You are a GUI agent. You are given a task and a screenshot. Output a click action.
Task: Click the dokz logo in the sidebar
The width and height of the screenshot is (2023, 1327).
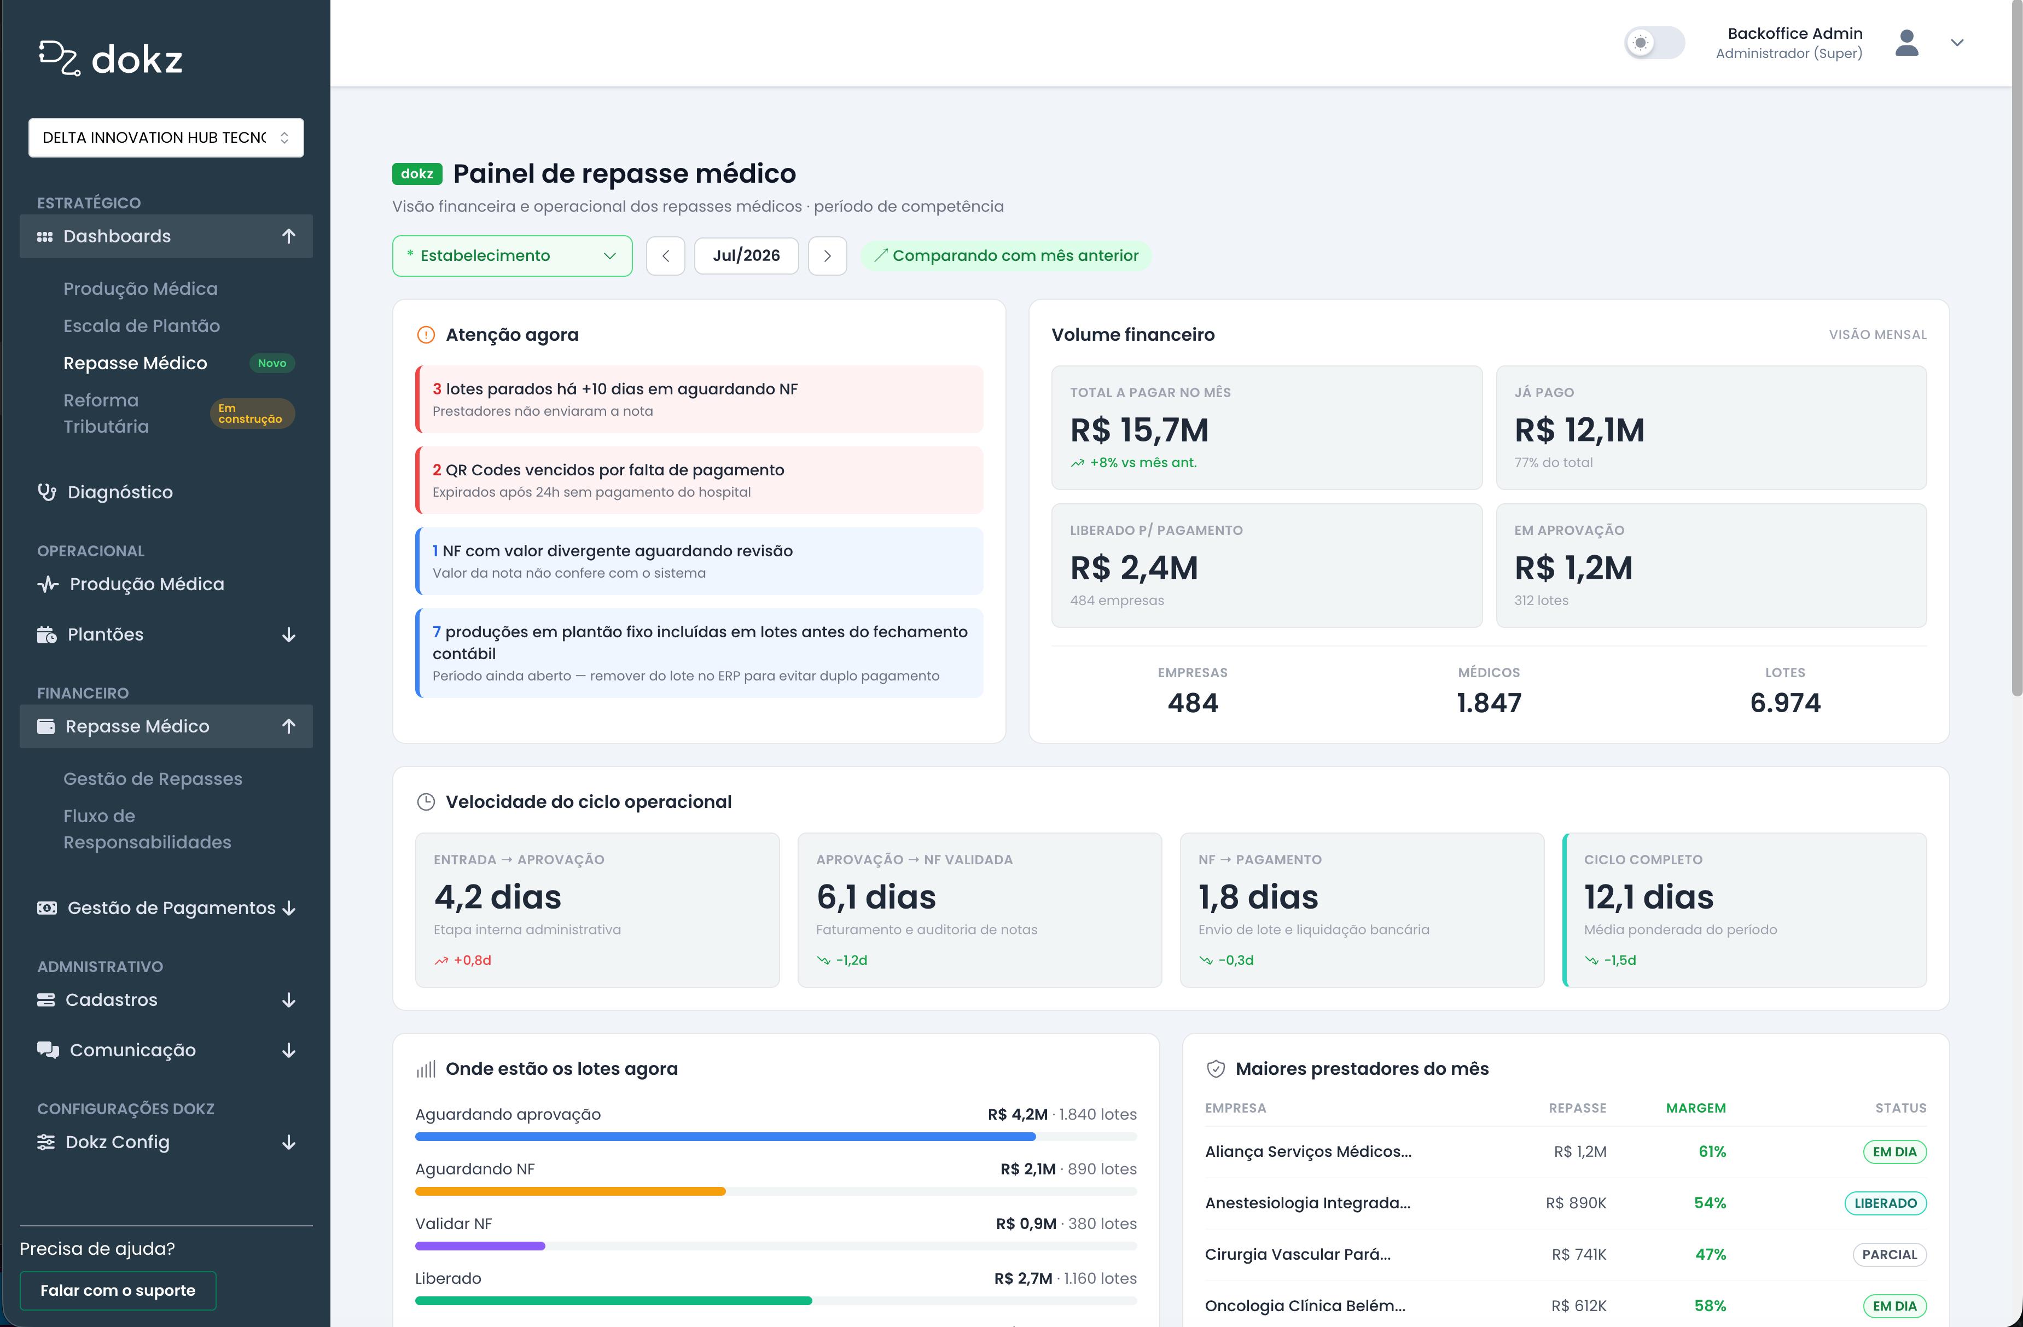click(x=111, y=59)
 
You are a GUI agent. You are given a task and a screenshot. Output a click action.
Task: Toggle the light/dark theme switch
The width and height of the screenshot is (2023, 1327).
click(x=1654, y=43)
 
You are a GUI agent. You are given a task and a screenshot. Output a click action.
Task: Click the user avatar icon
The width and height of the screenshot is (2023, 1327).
click(x=1906, y=43)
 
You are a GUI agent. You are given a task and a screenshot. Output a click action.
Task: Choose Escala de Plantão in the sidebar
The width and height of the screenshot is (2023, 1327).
click(x=141, y=325)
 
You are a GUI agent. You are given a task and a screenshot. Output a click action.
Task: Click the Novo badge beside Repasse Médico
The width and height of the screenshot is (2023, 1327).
click(x=272, y=363)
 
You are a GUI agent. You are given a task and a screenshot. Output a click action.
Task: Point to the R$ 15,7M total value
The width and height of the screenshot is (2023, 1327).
click(x=1139, y=430)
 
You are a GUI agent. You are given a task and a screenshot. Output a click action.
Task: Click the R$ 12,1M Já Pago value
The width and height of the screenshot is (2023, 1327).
click(x=1579, y=430)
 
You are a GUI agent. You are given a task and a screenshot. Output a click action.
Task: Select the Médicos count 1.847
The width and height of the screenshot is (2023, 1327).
click(x=1489, y=703)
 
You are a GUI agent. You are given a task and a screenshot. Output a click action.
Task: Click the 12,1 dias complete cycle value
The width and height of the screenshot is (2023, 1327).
click(x=1648, y=897)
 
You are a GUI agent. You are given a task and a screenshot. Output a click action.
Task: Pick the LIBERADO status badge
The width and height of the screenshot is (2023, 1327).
click(x=1885, y=1203)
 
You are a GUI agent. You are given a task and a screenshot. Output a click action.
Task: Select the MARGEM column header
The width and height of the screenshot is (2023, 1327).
click(x=1696, y=1108)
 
